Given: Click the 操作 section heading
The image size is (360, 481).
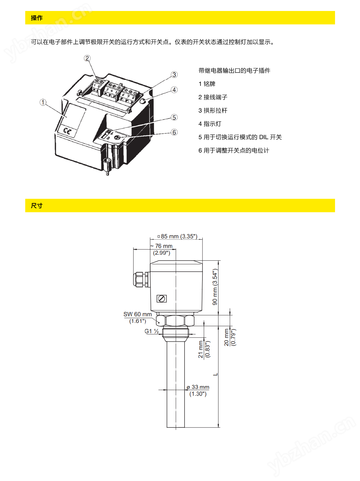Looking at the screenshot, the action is [x=37, y=18].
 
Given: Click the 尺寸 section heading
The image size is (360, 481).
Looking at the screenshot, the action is [x=37, y=205].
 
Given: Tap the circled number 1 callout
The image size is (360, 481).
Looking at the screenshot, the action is [x=43, y=102].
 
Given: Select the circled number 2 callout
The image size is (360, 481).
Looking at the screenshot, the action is [x=87, y=58].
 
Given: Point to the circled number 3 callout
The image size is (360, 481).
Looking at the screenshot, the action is [x=174, y=75].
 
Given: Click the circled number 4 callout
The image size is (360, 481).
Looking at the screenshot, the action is [x=174, y=90].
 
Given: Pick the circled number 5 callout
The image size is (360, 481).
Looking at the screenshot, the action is [x=174, y=118].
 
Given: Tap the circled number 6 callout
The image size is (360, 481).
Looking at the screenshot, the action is [x=174, y=132].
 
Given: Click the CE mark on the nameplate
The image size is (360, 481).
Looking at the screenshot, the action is [x=67, y=131].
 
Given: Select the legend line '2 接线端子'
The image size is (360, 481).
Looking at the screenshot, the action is [x=213, y=97].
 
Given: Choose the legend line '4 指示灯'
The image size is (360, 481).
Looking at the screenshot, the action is [x=210, y=124].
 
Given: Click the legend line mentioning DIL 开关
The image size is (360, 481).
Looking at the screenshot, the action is [x=240, y=137].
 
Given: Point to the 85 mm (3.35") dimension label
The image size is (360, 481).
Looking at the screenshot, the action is [x=178, y=236].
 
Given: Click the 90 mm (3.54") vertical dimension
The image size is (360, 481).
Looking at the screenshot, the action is [x=215, y=287].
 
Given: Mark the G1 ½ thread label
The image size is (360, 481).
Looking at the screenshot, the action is [x=152, y=331].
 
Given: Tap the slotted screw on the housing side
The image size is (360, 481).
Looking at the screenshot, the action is [x=162, y=299].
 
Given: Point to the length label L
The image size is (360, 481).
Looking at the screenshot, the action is [x=215, y=374].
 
